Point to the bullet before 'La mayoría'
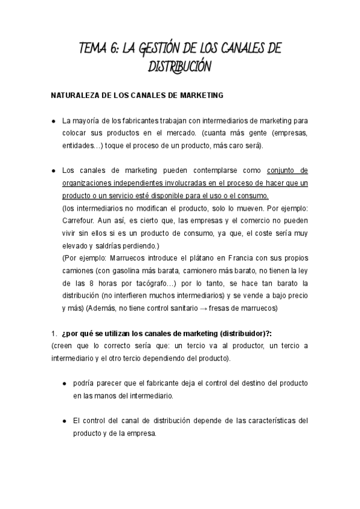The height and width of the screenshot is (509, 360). coord(53,121)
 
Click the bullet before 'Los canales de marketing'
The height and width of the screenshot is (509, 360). coord(53,170)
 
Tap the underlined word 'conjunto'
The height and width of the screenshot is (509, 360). coord(281,170)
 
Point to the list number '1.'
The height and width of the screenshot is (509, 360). coord(53,334)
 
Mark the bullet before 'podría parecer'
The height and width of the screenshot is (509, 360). coord(65,383)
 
